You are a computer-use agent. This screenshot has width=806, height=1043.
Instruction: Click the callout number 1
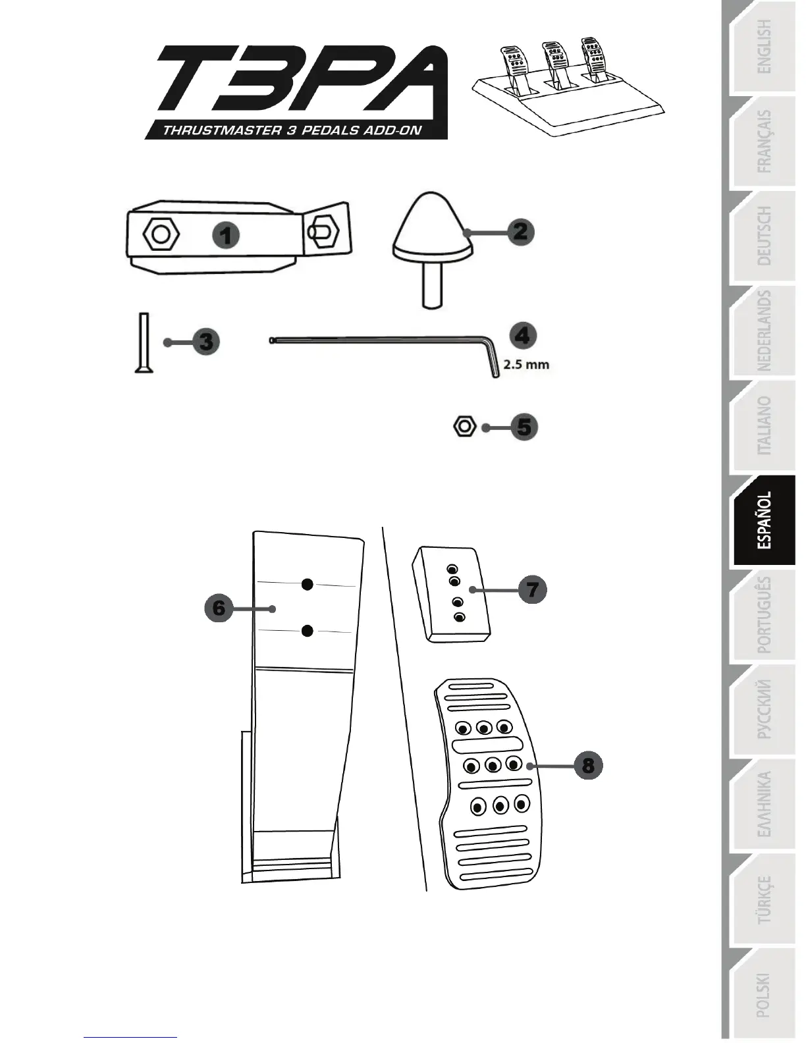pyautogui.click(x=226, y=235)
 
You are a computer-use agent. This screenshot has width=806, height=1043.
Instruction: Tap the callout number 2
pyautogui.click(x=520, y=231)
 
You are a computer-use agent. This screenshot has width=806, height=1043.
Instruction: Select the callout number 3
pyautogui.click(x=206, y=342)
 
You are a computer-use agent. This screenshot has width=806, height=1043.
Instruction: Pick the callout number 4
pyautogui.click(x=523, y=336)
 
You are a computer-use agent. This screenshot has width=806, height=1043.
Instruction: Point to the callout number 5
pyautogui.click(x=524, y=427)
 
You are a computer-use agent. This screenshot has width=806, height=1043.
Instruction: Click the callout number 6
pyautogui.click(x=219, y=608)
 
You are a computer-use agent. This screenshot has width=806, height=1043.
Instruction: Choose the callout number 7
pyautogui.click(x=533, y=589)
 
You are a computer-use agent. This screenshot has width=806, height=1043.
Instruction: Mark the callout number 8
pyautogui.click(x=588, y=766)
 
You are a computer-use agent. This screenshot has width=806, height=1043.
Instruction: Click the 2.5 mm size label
pyautogui.click(x=527, y=364)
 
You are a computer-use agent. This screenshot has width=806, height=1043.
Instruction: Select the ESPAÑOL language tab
pyautogui.click(x=764, y=521)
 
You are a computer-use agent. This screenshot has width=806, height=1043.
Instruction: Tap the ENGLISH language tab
pyautogui.click(x=764, y=46)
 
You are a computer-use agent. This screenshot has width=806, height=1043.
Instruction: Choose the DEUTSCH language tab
pyautogui.click(x=764, y=236)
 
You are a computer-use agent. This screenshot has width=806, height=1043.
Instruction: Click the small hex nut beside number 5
pyautogui.click(x=464, y=426)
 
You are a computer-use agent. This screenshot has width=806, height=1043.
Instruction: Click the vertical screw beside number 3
pyautogui.click(x=144, y=343)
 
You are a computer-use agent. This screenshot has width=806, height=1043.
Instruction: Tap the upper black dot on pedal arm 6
pyautogui.click(x=307, y=584)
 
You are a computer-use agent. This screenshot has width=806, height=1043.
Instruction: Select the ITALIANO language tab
pyautogui.click(x=764, y=426)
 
